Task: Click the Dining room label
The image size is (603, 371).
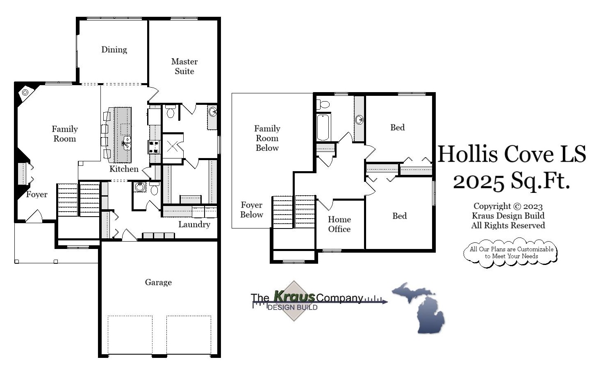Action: click(114, 50)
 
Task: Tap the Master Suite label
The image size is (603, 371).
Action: click(184, 66)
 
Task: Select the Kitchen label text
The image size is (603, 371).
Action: click(123, 169)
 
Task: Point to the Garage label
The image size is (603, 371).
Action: click(158, 282)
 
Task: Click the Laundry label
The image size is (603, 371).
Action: click(194, 224)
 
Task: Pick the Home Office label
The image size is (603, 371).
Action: click(339, 224)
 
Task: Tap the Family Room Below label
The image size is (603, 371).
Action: click(267, 138)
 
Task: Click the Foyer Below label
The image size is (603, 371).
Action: click(252, 210)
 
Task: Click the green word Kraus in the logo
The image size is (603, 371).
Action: click(294, 296)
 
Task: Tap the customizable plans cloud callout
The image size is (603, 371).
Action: click(511, 253)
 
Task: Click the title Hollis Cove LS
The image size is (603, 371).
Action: click(512, 154)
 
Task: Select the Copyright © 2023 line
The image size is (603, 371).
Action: click(508, 206)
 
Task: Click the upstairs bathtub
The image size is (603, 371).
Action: click(323, 127)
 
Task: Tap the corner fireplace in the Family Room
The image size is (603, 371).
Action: click(25, 93)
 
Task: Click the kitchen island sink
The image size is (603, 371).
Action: click(127, 143)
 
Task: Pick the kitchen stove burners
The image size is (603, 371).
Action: click(154, 146)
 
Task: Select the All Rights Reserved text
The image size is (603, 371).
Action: click(508, 225)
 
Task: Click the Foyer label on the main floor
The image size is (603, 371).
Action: click(36, 195)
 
